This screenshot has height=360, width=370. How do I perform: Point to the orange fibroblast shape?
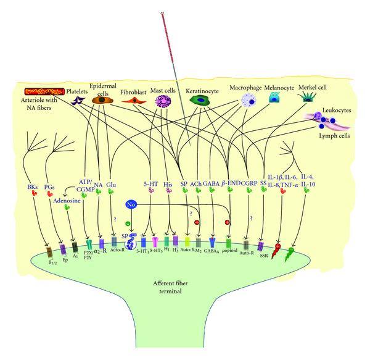click(x=133, y=100)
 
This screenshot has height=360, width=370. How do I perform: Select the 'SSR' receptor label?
click(x=266, y=253)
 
